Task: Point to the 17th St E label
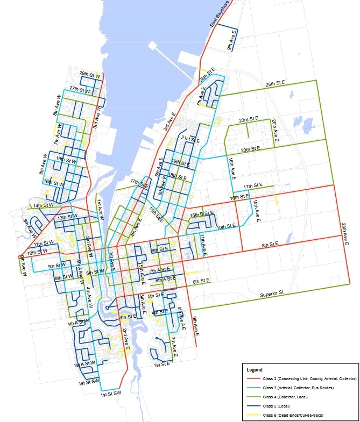[252, 187]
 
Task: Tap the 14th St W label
[43, 205]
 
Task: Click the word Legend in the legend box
[255, 370]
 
